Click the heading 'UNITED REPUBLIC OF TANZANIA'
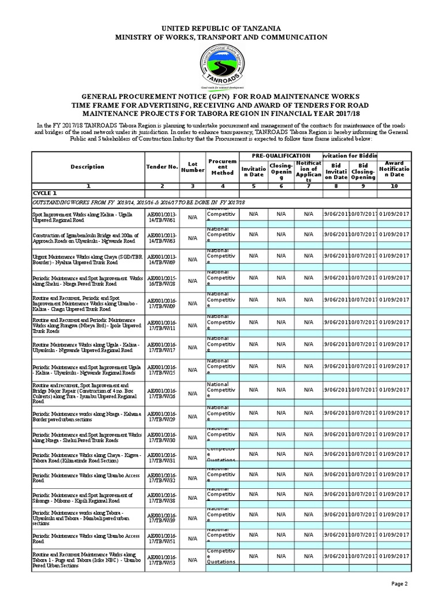221,28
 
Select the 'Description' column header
87,167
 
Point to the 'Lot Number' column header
193,167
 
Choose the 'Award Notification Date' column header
394,169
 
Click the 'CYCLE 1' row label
44,193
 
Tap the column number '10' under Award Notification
394,186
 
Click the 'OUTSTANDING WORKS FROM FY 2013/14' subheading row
138,203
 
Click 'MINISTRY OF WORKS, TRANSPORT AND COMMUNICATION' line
221,37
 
